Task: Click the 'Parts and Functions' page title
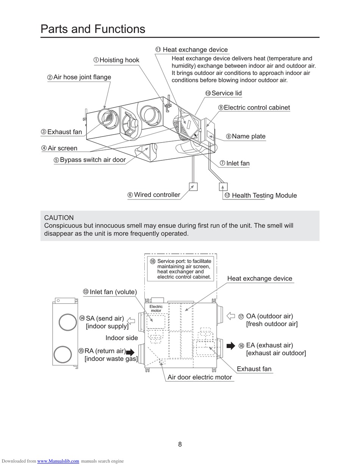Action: click(93, 29)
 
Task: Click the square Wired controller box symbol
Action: click(193, 187)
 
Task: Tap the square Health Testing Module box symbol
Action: click(223, 187)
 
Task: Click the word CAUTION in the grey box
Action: click(59, 218)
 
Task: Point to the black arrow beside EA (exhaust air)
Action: click(231, 345)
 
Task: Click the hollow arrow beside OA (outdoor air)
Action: click(231, 316)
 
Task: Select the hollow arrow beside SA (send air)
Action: click(131, 321)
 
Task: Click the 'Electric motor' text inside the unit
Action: click(156, 308)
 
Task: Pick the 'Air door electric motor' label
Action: click(200, 377)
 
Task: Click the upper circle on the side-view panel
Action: click(68, 322)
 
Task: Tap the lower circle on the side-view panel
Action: click(63, 354)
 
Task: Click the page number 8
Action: click(180, 444)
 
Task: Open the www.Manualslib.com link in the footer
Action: click(58, 461)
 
